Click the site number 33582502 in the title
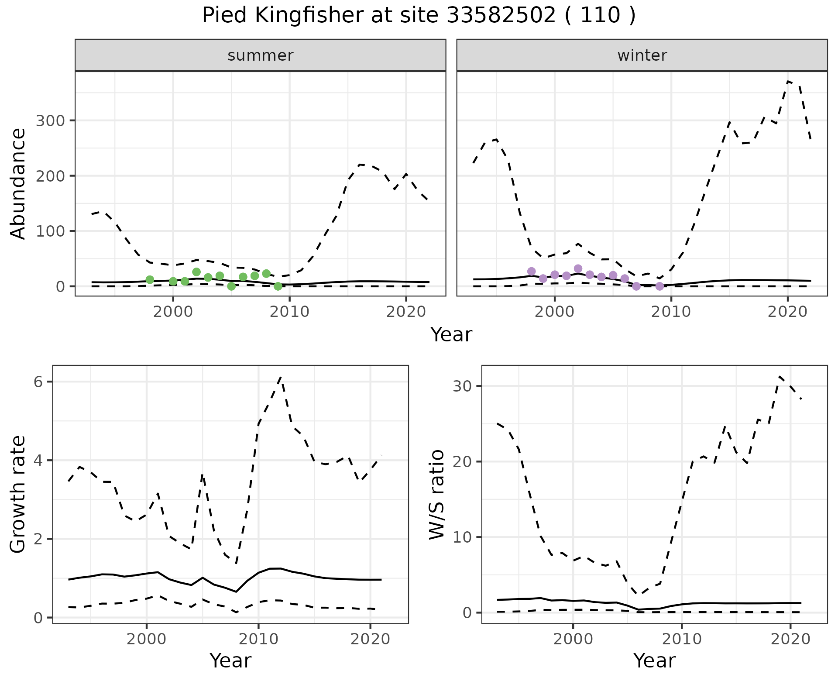coord(501,16)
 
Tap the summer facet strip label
coord(260,55)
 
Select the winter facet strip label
coord(642,55)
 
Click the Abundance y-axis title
coord(18,183)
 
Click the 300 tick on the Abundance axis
coord(50,120)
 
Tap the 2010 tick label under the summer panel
coord(289,312)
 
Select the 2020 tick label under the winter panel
coord(787,312)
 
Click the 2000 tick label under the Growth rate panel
coord(147,639)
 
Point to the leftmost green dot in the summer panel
coord(150,279)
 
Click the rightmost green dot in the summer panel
coord(278,286)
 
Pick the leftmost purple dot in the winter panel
coord(531,272)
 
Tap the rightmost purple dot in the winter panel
coord(659,286)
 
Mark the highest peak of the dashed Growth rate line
coord(281,377)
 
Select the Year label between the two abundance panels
coord(451,335)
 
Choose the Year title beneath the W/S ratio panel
coord(654,660)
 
